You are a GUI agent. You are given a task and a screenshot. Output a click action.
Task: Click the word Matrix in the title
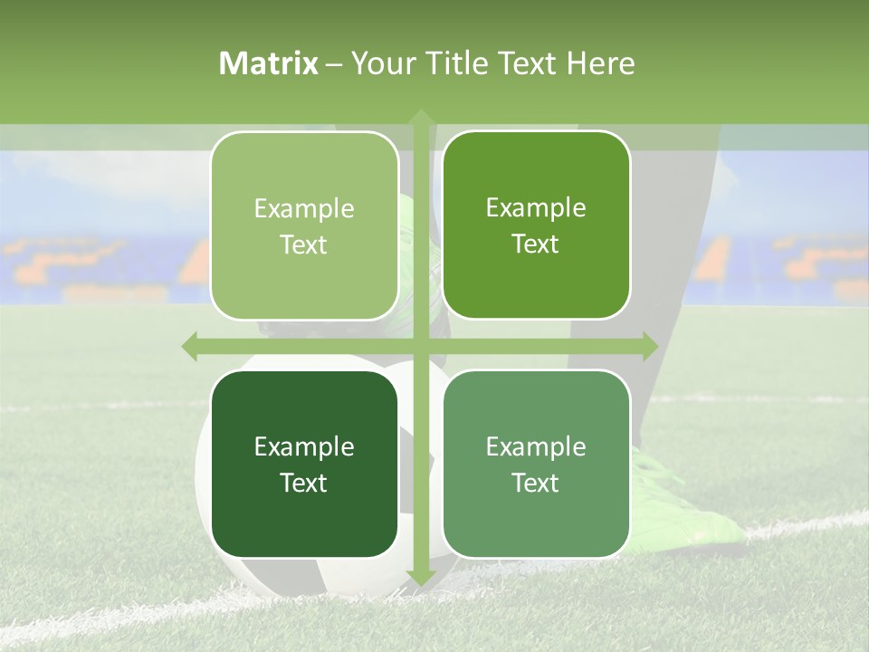click(269, 63)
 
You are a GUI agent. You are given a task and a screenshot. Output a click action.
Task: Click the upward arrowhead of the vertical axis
click(420, 118)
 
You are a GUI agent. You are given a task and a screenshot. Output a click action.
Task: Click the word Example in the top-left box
click(304, 209)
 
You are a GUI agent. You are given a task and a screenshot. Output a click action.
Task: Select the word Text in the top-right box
click(536, 244)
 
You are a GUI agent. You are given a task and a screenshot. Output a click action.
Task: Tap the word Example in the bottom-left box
click(304, 446)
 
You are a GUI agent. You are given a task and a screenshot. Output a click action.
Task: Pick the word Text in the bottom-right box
click(536, 483)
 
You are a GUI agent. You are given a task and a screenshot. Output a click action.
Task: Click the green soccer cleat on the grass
click(688, 507)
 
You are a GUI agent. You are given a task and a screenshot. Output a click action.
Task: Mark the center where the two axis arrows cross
click(420, 346)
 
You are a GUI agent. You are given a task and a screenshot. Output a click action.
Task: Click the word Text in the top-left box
click(304, 245)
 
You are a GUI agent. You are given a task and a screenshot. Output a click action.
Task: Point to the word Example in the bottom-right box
click(536, 446)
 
